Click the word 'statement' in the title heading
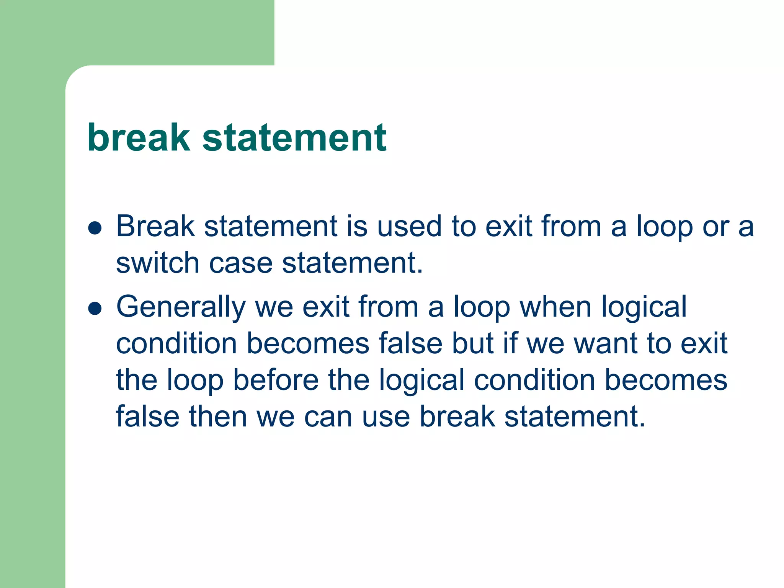tap(294, 138)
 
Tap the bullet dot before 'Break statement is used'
tap(95, 228)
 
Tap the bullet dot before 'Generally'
tap(95, 309)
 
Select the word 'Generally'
tap(181, 307)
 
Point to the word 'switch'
tap(158, 263)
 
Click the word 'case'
tap(241, 264)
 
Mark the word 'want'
tap(606, 344)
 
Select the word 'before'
tap(276, 380)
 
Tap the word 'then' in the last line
tap(218, 416)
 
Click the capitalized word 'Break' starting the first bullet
tap(155, 226)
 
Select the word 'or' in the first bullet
tap(715, 227)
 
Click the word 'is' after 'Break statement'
tap(357, 226)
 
